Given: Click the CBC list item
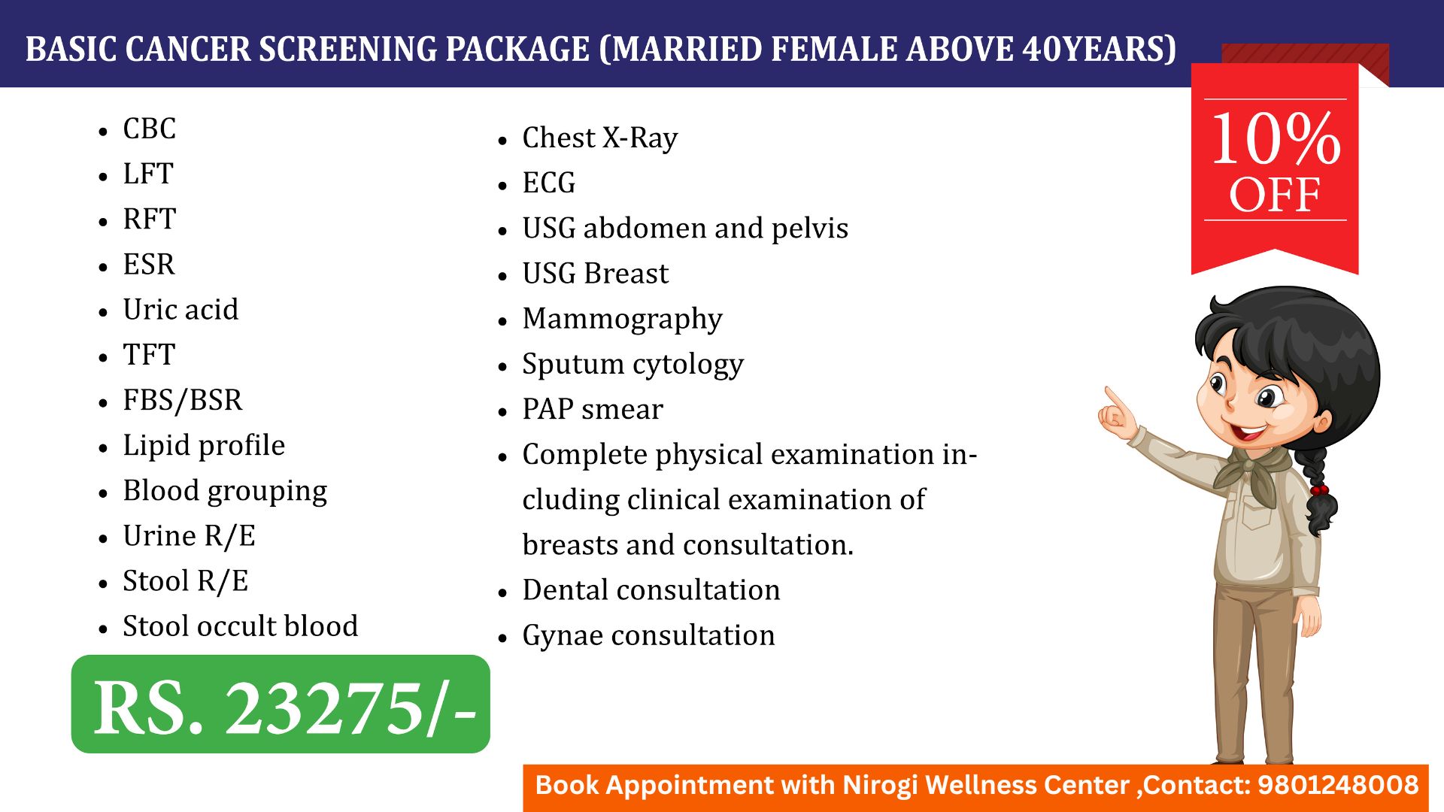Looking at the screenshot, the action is click(x=149, y=129).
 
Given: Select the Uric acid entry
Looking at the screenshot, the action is click(x=180, y=309).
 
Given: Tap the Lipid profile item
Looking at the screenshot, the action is click(x=204, y=446).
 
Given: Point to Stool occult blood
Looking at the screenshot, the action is click(x=241, y=626).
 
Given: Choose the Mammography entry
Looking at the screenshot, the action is click(x=622, y=320).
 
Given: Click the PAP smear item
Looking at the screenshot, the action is click(x=593, y=409).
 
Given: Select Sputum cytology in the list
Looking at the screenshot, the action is click(x=633, y=365).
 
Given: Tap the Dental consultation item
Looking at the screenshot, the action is click(x=651, y=589).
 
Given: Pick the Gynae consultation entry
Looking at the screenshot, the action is click(x=648, y=636).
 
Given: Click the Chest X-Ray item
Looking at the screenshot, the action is click(x=600, y=138).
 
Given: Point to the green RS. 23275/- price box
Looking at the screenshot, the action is click(x=281, y=704).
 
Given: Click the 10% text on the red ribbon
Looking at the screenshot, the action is click(x=1276, y=138).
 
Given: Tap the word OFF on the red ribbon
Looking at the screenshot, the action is click(x=1275, y=195).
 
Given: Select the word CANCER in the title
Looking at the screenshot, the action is click(x=188, y=50).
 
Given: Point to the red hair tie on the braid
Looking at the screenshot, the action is click(x=1318, y=490).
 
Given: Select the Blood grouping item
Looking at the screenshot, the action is click(x=225, y=491).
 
